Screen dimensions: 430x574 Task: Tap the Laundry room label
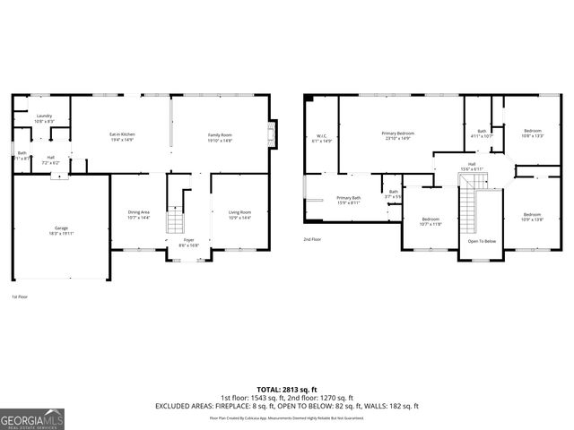(44, 118)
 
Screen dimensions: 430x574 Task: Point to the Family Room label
(220, 136)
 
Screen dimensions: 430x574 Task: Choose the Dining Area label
(139, 215)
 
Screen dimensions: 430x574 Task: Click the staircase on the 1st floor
(177, 219)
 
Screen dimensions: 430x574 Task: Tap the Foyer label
(188, 242)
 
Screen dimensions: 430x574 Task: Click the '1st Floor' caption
(21, 297)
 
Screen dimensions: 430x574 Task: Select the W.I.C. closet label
(321, 139)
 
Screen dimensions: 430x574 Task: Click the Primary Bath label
(348, 200)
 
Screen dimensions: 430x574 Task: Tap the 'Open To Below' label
(482, 241)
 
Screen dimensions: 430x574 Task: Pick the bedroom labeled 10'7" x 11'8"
(431, 221)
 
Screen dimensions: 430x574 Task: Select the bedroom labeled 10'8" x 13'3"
(533, 134)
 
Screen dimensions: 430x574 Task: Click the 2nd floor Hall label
(472, 166)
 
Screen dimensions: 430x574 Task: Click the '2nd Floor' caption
(312, 240)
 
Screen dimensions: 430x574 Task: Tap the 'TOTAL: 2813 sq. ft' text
(287, 388)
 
